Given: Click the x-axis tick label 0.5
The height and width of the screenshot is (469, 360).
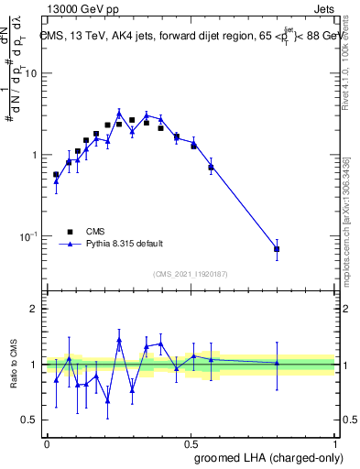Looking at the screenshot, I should coord(191,443).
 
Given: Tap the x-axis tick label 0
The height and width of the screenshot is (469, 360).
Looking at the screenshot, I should coord(47,443).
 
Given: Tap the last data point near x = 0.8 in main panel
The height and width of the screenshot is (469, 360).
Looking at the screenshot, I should coord(277,249).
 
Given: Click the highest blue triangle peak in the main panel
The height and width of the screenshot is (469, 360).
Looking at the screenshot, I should coord(119,114).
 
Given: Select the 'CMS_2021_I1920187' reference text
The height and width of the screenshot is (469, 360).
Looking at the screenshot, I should coord(190,273).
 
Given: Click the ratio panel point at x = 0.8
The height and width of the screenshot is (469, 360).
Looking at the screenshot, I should coord(277,363).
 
